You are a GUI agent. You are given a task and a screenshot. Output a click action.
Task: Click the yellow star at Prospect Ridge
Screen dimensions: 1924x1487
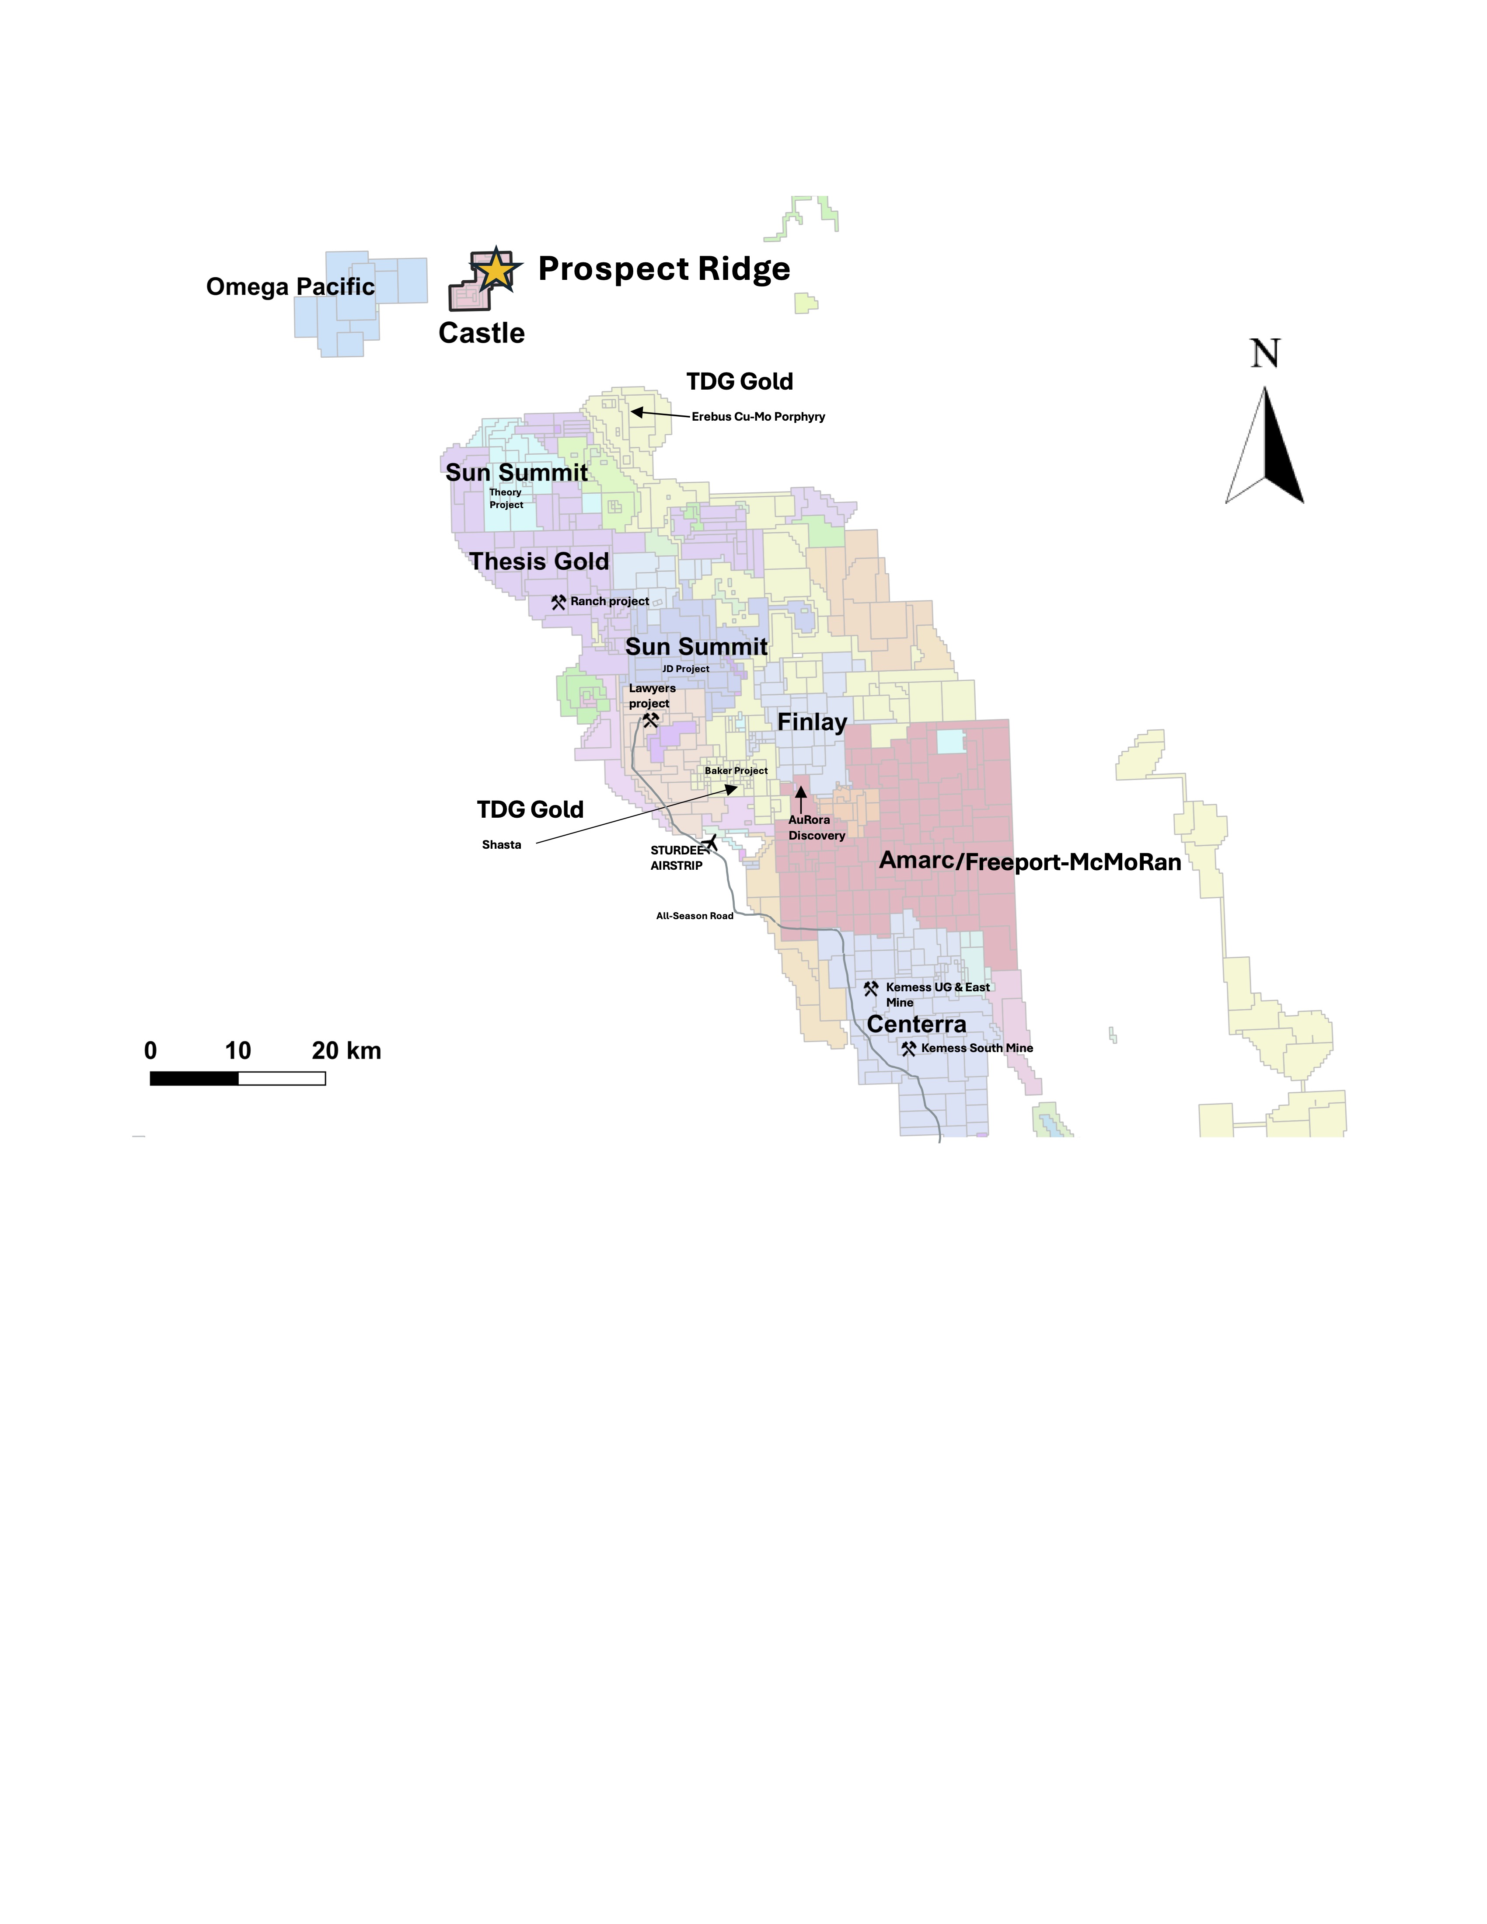coord(497,269)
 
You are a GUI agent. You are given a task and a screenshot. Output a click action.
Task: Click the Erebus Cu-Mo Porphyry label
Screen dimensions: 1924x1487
coord(757,417)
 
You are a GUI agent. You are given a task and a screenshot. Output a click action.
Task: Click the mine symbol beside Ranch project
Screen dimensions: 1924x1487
coord(558,603)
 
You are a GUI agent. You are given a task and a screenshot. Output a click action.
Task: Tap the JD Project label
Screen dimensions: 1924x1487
coord(685,669)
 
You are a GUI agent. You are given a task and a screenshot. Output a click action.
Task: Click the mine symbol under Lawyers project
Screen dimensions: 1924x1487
coord(650,720)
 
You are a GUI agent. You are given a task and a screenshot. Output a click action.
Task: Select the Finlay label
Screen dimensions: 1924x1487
coord(811,722)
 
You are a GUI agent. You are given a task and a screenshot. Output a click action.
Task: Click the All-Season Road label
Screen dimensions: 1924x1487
coord(694,916)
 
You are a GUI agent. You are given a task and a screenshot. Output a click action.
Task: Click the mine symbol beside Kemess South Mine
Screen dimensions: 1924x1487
coord(908,1048)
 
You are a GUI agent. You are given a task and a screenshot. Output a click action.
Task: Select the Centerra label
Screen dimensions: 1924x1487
coord(916,1025)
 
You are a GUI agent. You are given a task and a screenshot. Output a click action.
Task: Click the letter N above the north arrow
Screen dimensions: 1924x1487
coord(1265,354)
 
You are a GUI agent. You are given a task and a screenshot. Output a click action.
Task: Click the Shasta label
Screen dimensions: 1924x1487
coord(501,845)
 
